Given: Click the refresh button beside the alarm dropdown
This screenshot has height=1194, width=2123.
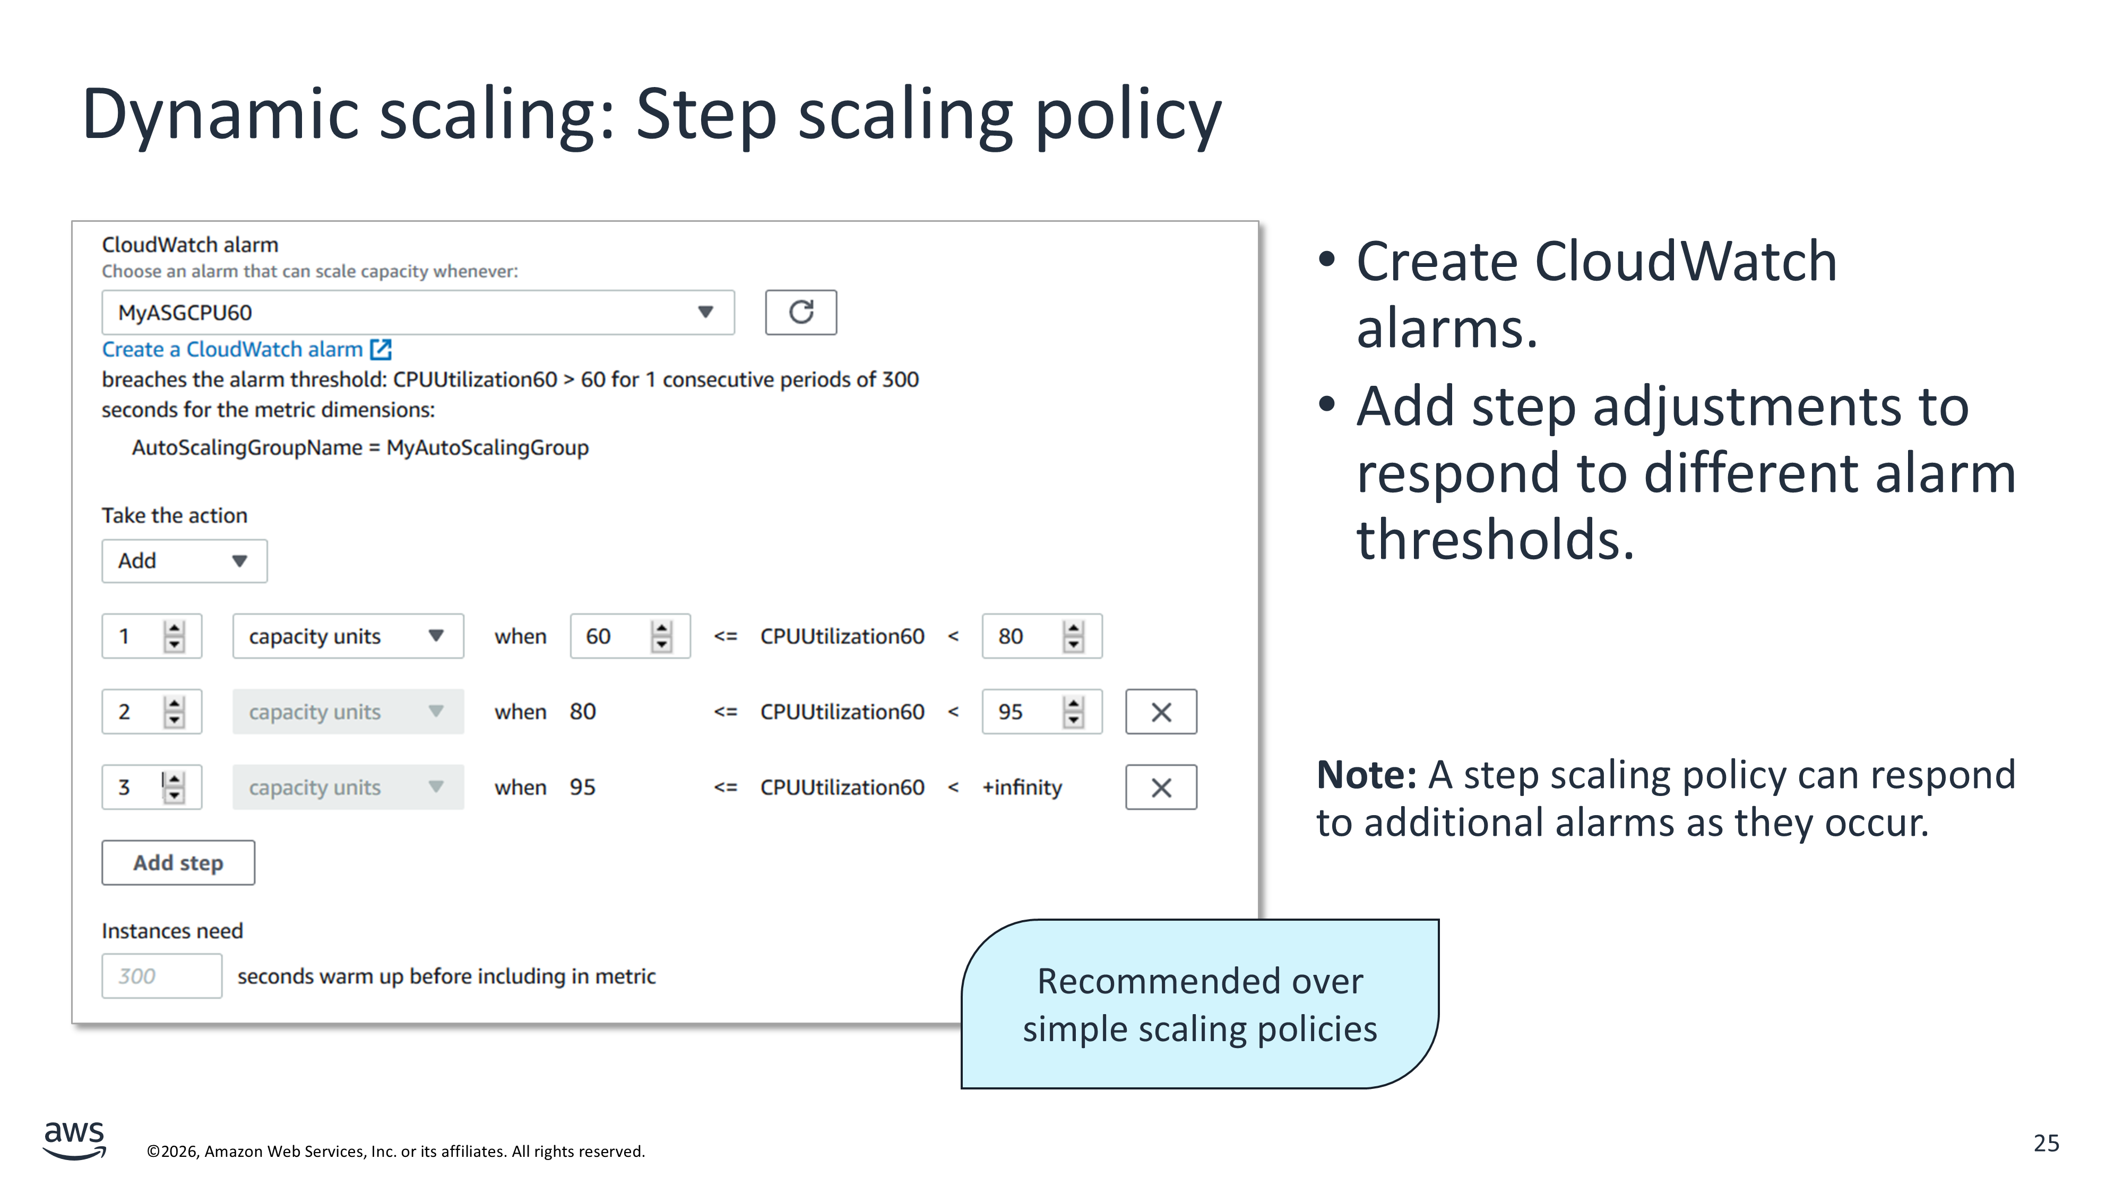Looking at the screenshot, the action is (x=800, y=313).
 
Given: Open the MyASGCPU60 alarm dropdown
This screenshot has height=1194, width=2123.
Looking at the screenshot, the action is (x=418, y=313).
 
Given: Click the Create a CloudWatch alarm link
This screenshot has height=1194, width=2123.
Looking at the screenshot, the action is (x=246, y=349).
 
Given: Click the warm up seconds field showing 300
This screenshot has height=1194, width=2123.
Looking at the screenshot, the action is (x=161, y=976).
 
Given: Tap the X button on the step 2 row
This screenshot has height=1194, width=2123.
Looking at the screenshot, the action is (x=1161, y=712).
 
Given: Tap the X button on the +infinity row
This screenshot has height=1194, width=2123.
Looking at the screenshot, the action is (x=1161, y=788).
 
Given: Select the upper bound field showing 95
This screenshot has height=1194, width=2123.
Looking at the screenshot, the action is (x=1042, y=712).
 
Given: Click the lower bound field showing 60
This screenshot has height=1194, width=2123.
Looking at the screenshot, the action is (x=629, y=636).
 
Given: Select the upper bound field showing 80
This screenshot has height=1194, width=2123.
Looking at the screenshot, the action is (x=1042, y=636).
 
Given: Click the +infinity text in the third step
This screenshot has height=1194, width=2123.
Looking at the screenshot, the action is (x=1022, y=788).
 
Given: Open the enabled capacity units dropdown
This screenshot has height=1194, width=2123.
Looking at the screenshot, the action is (x=348, y=636).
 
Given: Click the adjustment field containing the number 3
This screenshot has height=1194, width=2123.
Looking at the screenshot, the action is (x=152, y=788).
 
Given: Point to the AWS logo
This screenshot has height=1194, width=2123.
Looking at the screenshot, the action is (x=74, y=1140).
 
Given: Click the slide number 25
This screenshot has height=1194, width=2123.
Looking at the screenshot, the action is (x=2047, y=1143).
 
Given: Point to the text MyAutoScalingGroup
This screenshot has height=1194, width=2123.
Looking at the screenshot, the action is (x=488, y=447).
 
